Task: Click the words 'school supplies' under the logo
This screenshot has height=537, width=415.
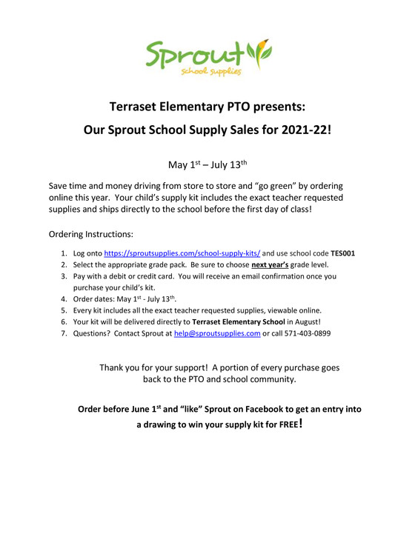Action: tap(210, 72)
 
